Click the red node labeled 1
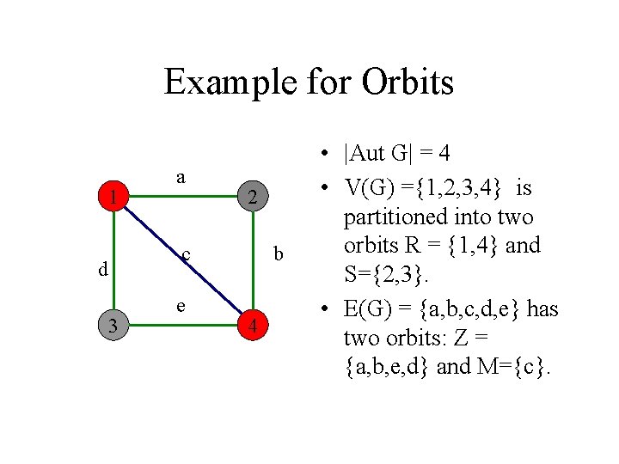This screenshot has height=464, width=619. coord(113,198)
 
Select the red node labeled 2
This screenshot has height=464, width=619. coord(252,198)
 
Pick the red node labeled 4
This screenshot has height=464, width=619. coord(252,327)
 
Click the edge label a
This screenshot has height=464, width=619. coord(180,176)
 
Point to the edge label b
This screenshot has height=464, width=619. coord(278,254)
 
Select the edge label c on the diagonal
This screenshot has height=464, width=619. coord(186,254)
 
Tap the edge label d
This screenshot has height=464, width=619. coord(103,269)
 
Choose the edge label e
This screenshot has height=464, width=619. coord(180,305)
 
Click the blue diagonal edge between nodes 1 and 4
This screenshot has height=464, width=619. coord(206,284)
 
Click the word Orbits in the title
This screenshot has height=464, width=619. coord(408,82)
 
